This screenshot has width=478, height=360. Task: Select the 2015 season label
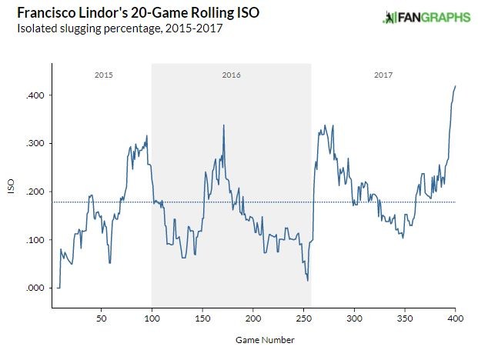click(x=103, y=75)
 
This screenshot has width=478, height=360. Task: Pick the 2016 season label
click(x=231, y=75)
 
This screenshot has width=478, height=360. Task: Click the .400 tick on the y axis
click(x=37, y=95)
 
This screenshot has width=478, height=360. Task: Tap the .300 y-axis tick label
click(x=37, y=144)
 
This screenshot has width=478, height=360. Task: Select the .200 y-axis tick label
click(x=37, y=192)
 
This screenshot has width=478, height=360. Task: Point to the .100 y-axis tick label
click(x=37, y=240)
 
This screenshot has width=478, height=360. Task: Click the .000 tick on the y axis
click(x=37, y=288)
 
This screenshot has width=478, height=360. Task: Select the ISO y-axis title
click(x=10, y=192)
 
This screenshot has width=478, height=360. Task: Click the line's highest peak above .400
click(x=455, y=86)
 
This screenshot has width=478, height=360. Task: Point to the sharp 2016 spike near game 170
click(x=223, y=125)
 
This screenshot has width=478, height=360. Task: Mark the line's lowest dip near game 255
click(x=307, y=281)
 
